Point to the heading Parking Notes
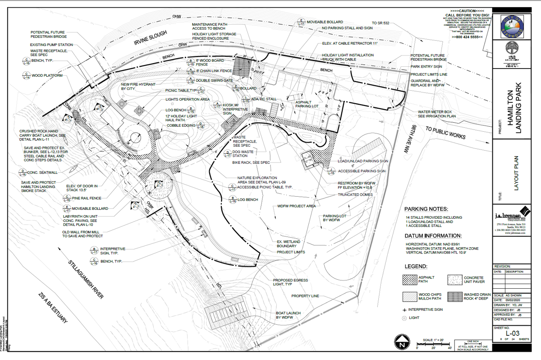pyautogui.click(x=426, y=209)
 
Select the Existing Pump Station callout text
pyautogui.click(x=51, y=45)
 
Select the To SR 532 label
pyautogui.click(x=381, y=23)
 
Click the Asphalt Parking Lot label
pyautogui.click(x=307, y=105)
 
